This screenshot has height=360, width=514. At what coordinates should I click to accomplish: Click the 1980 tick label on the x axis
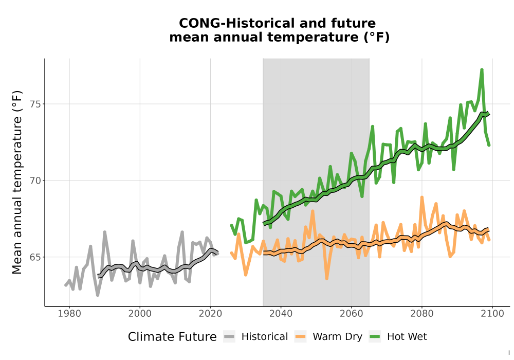(x=69, y=313)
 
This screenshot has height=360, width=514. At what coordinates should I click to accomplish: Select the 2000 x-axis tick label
(x=140, y=313)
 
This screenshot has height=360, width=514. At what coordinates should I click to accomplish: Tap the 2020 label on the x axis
(x=210, y=313)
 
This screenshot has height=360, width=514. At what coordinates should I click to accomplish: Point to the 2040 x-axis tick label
(x=281, y=313)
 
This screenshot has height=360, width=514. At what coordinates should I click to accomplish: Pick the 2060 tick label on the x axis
(x=352, y=313)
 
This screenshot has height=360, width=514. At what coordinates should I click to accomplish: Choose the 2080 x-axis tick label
(x=422, y=313)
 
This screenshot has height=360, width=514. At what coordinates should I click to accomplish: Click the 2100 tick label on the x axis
(x=492, y=313)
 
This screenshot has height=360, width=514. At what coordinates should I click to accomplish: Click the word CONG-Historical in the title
(x=236, y=23)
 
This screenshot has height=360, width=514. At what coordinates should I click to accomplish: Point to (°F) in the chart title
(x=377, y=38)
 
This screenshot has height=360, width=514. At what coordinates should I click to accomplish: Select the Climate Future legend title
(x=172, y=337)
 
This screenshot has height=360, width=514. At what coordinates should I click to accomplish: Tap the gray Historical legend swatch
(x=229, y=337)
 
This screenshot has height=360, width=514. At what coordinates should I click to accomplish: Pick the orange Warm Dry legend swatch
(x=300, y=337)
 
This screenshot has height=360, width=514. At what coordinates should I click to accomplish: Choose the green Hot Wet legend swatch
(x=375, y=337)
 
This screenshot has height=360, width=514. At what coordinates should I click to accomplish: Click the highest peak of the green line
(x=482, y=69)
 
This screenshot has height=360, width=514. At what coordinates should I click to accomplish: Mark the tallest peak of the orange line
(x=422, y=197)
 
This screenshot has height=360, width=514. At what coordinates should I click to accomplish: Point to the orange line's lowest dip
(x=327, y=278)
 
